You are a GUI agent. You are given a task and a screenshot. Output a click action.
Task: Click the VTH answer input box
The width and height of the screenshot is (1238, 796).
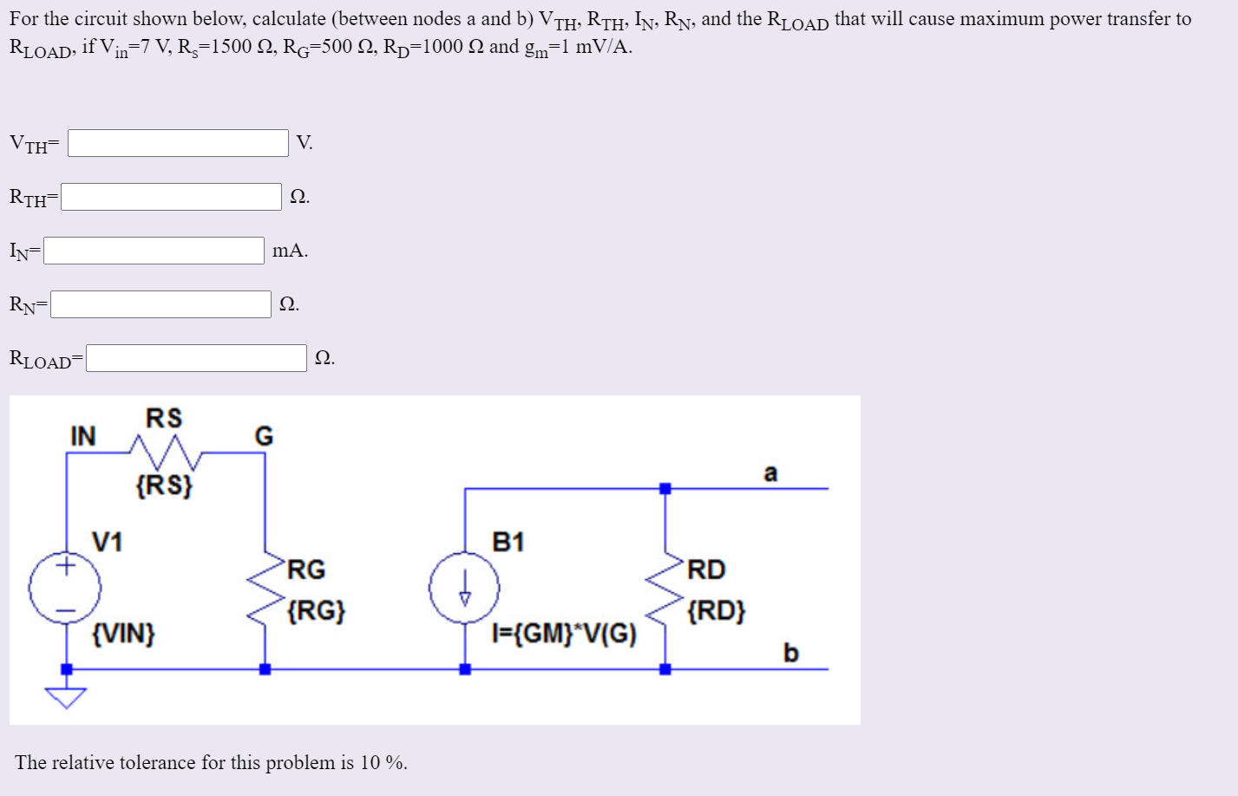(x=178, y=143)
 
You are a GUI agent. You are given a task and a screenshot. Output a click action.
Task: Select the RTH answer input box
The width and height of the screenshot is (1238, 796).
(x=171, y=197)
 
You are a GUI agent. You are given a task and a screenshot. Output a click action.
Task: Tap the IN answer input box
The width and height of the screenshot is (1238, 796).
(x=154, y=251)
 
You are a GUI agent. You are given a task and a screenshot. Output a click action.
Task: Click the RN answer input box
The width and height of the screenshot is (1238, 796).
(x=160, y=304)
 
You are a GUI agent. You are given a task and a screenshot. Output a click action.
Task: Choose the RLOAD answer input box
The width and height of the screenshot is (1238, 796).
(x=196, y=358)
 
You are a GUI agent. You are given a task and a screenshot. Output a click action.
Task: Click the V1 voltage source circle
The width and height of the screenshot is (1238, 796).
(x=65, y=588)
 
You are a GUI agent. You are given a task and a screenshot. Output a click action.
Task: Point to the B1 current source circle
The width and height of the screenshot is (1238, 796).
(x=464, y=589)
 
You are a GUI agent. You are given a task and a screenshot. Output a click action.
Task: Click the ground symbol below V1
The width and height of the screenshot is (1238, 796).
(x=67, y=696)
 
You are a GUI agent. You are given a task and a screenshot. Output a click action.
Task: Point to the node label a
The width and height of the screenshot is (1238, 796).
(x=770, y=473)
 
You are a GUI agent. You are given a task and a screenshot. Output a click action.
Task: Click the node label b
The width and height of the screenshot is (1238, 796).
(x=790, y=652)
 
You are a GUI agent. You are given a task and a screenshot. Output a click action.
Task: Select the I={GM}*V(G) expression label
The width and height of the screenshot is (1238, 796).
(x=564, y=635)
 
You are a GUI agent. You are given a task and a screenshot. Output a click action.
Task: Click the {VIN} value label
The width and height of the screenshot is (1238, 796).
(x=123, y=634)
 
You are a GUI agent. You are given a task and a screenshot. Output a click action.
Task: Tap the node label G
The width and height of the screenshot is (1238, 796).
(x=264, y=436)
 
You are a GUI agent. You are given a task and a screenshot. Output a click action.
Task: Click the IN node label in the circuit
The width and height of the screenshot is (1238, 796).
(x=83, y=436)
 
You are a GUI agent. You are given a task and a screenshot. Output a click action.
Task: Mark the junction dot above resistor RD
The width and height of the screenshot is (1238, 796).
(x=665, y=489)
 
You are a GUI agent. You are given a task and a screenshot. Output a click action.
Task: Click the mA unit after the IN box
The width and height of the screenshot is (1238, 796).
(x=290, y=251)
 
